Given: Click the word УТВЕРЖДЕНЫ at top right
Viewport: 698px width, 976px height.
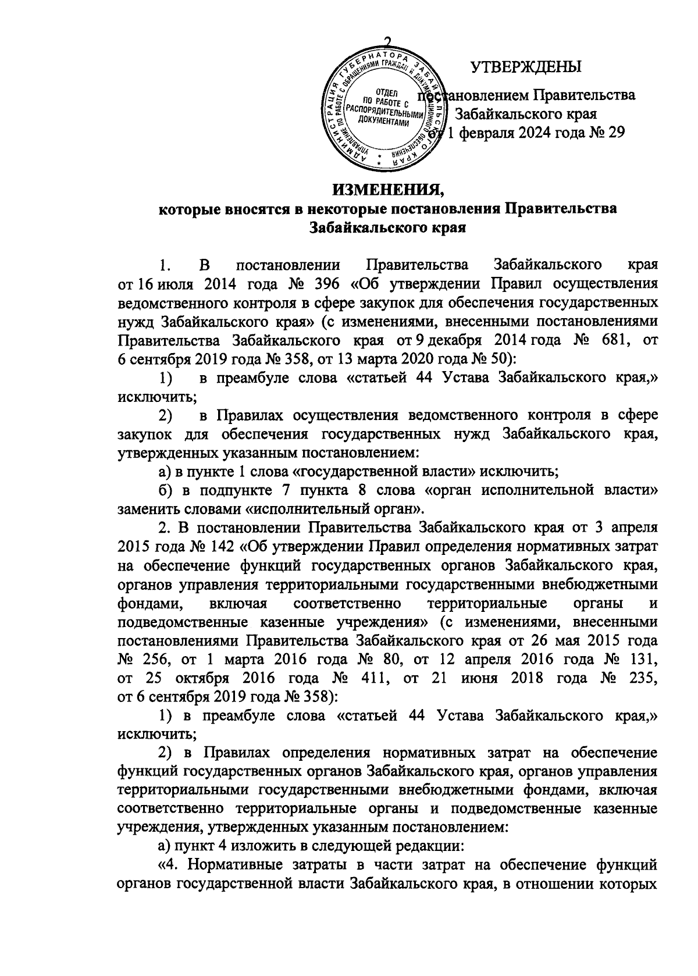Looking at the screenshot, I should point(525,67).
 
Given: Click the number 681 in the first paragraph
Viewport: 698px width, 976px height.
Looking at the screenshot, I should point(609,340).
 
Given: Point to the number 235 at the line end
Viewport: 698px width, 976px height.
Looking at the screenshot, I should point(644,678).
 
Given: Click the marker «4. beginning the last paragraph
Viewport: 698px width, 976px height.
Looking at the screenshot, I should point(170,866).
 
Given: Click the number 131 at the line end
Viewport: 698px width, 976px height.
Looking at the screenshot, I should point(644,660).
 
